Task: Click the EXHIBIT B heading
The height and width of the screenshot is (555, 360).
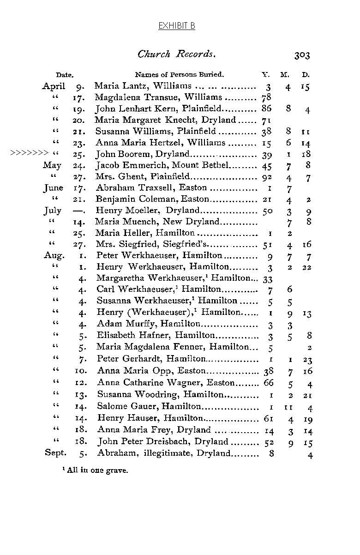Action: click(177, 26)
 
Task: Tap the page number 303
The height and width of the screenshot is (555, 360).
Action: click(302, 55)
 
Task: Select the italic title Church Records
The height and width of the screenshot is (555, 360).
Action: click(177, 54)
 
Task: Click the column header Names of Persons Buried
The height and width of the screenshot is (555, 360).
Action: click(179, 74)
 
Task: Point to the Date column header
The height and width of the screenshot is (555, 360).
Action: click(65, 75)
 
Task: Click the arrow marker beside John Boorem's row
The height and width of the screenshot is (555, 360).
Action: click(29, 154)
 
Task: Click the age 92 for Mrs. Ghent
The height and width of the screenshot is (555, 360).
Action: click(267, 176)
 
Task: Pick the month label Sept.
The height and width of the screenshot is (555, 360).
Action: click(55, 452)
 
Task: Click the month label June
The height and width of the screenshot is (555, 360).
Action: click(53, 188)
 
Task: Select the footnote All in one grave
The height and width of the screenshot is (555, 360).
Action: click(97, 471)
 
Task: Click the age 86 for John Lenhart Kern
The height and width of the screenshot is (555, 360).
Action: click(267, 109)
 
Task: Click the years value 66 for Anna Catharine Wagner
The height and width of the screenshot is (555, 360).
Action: click(268, 383)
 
